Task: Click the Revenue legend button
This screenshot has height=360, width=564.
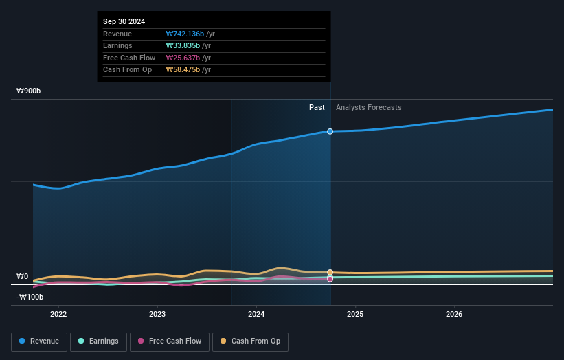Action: click(x=39, y=341)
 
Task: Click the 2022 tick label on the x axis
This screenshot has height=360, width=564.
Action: click(x=58, y=315)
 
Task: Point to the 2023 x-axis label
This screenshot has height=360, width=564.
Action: click(x=157, y=315)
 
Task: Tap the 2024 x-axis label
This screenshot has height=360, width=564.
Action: click(x=256, y=315)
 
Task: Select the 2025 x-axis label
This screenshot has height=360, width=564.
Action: click(x=355, y=315)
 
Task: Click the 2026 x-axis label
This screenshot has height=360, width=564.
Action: click(x=454, y=315)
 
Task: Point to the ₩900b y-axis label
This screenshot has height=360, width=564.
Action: click(x=30, y=91)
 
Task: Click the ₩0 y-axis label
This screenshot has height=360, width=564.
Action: click(x=22, y=276)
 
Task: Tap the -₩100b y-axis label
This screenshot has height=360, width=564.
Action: click(x=30, y=297)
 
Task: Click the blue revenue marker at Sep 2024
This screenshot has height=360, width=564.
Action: click(x=330, y=131)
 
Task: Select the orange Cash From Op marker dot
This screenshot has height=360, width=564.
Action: click(x=330, y=273)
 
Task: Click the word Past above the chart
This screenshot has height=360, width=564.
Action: click(x=317, y=107)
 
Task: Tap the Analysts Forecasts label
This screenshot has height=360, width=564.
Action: click(x=368, y=107)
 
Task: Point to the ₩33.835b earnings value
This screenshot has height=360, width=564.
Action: click(x=183, y=46)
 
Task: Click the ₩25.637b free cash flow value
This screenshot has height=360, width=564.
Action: click(x=183, y=58)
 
